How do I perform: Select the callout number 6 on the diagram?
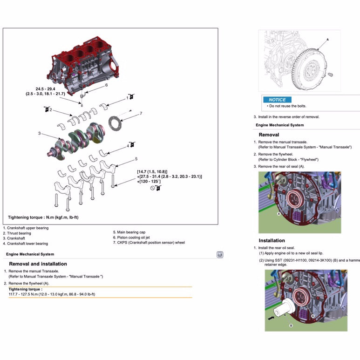point(106,85)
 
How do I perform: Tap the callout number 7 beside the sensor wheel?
point(141,113)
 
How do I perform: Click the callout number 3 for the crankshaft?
point(40,134)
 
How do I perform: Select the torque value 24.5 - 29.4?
point(46,88)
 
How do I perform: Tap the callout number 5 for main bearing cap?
point(136,159)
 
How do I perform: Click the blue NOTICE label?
point(277,100)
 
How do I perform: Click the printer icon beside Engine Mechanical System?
point(220,254)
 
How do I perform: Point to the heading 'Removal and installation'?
point(38,264)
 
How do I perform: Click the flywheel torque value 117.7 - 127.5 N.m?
point(52,294)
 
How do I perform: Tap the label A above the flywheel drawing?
point(327,40)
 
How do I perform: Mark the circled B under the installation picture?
point(291,326)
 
